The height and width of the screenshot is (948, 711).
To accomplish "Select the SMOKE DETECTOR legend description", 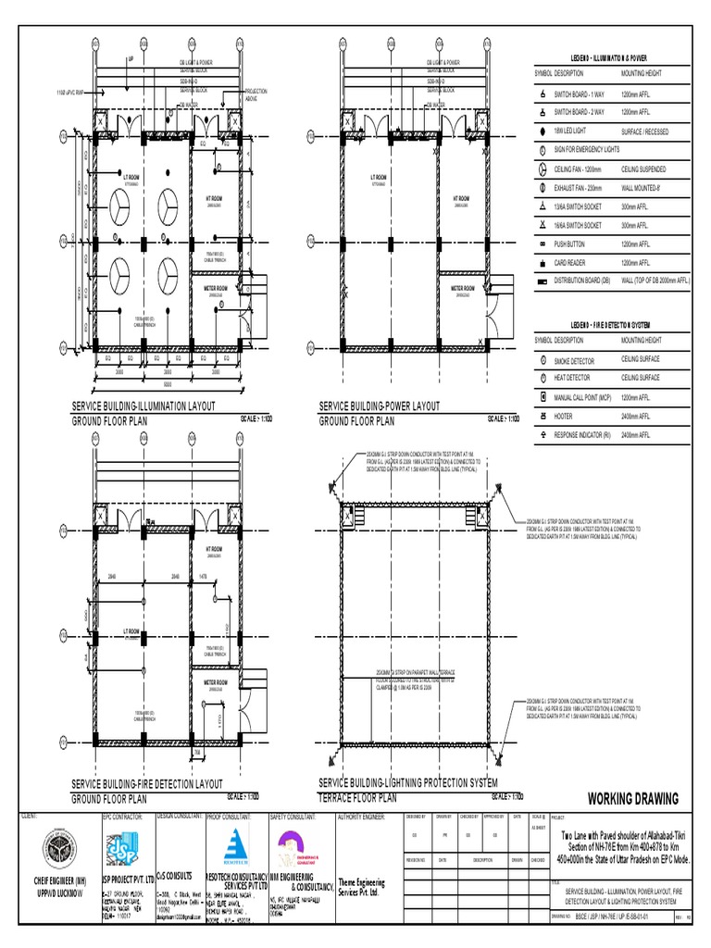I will (x=575, y=360).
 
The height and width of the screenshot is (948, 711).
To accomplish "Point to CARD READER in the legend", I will (x=573, y=262).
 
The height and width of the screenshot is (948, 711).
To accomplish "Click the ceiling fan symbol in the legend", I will (x=543, y=170).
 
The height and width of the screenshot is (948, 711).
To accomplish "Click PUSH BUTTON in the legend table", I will (x=573, y=244).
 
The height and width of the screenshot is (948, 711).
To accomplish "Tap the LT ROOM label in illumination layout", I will (x=131, y=176).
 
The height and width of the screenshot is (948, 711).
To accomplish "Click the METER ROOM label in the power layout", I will (x=462, y=288).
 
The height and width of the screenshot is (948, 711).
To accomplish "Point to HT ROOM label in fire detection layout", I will (x=214, y=549).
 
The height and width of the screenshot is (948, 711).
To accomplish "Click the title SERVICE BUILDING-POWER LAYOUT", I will (x=380, y=406).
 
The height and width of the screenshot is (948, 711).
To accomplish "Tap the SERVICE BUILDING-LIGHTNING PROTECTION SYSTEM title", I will (x=408, y=784).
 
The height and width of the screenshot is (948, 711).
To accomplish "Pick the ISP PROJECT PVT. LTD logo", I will (x=120, y=844).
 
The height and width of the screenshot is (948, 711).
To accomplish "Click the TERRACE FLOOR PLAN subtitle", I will (x=358, y=797).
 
